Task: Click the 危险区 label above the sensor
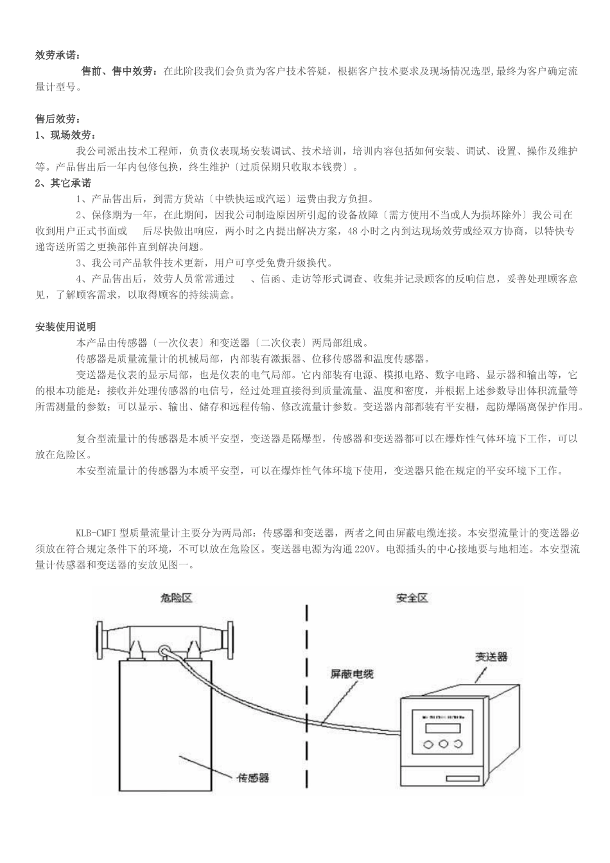tap(176, 598)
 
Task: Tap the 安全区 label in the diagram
tap(412, 598)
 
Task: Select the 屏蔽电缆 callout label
tap(352, 674)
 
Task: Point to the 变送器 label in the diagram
tap(491, 656)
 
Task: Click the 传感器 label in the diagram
tap(254, 778)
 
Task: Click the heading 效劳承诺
tap(58, 55)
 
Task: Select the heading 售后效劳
tap(58, 119)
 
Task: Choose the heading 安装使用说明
tap(65, 327)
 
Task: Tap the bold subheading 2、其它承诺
tap(63, 183)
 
